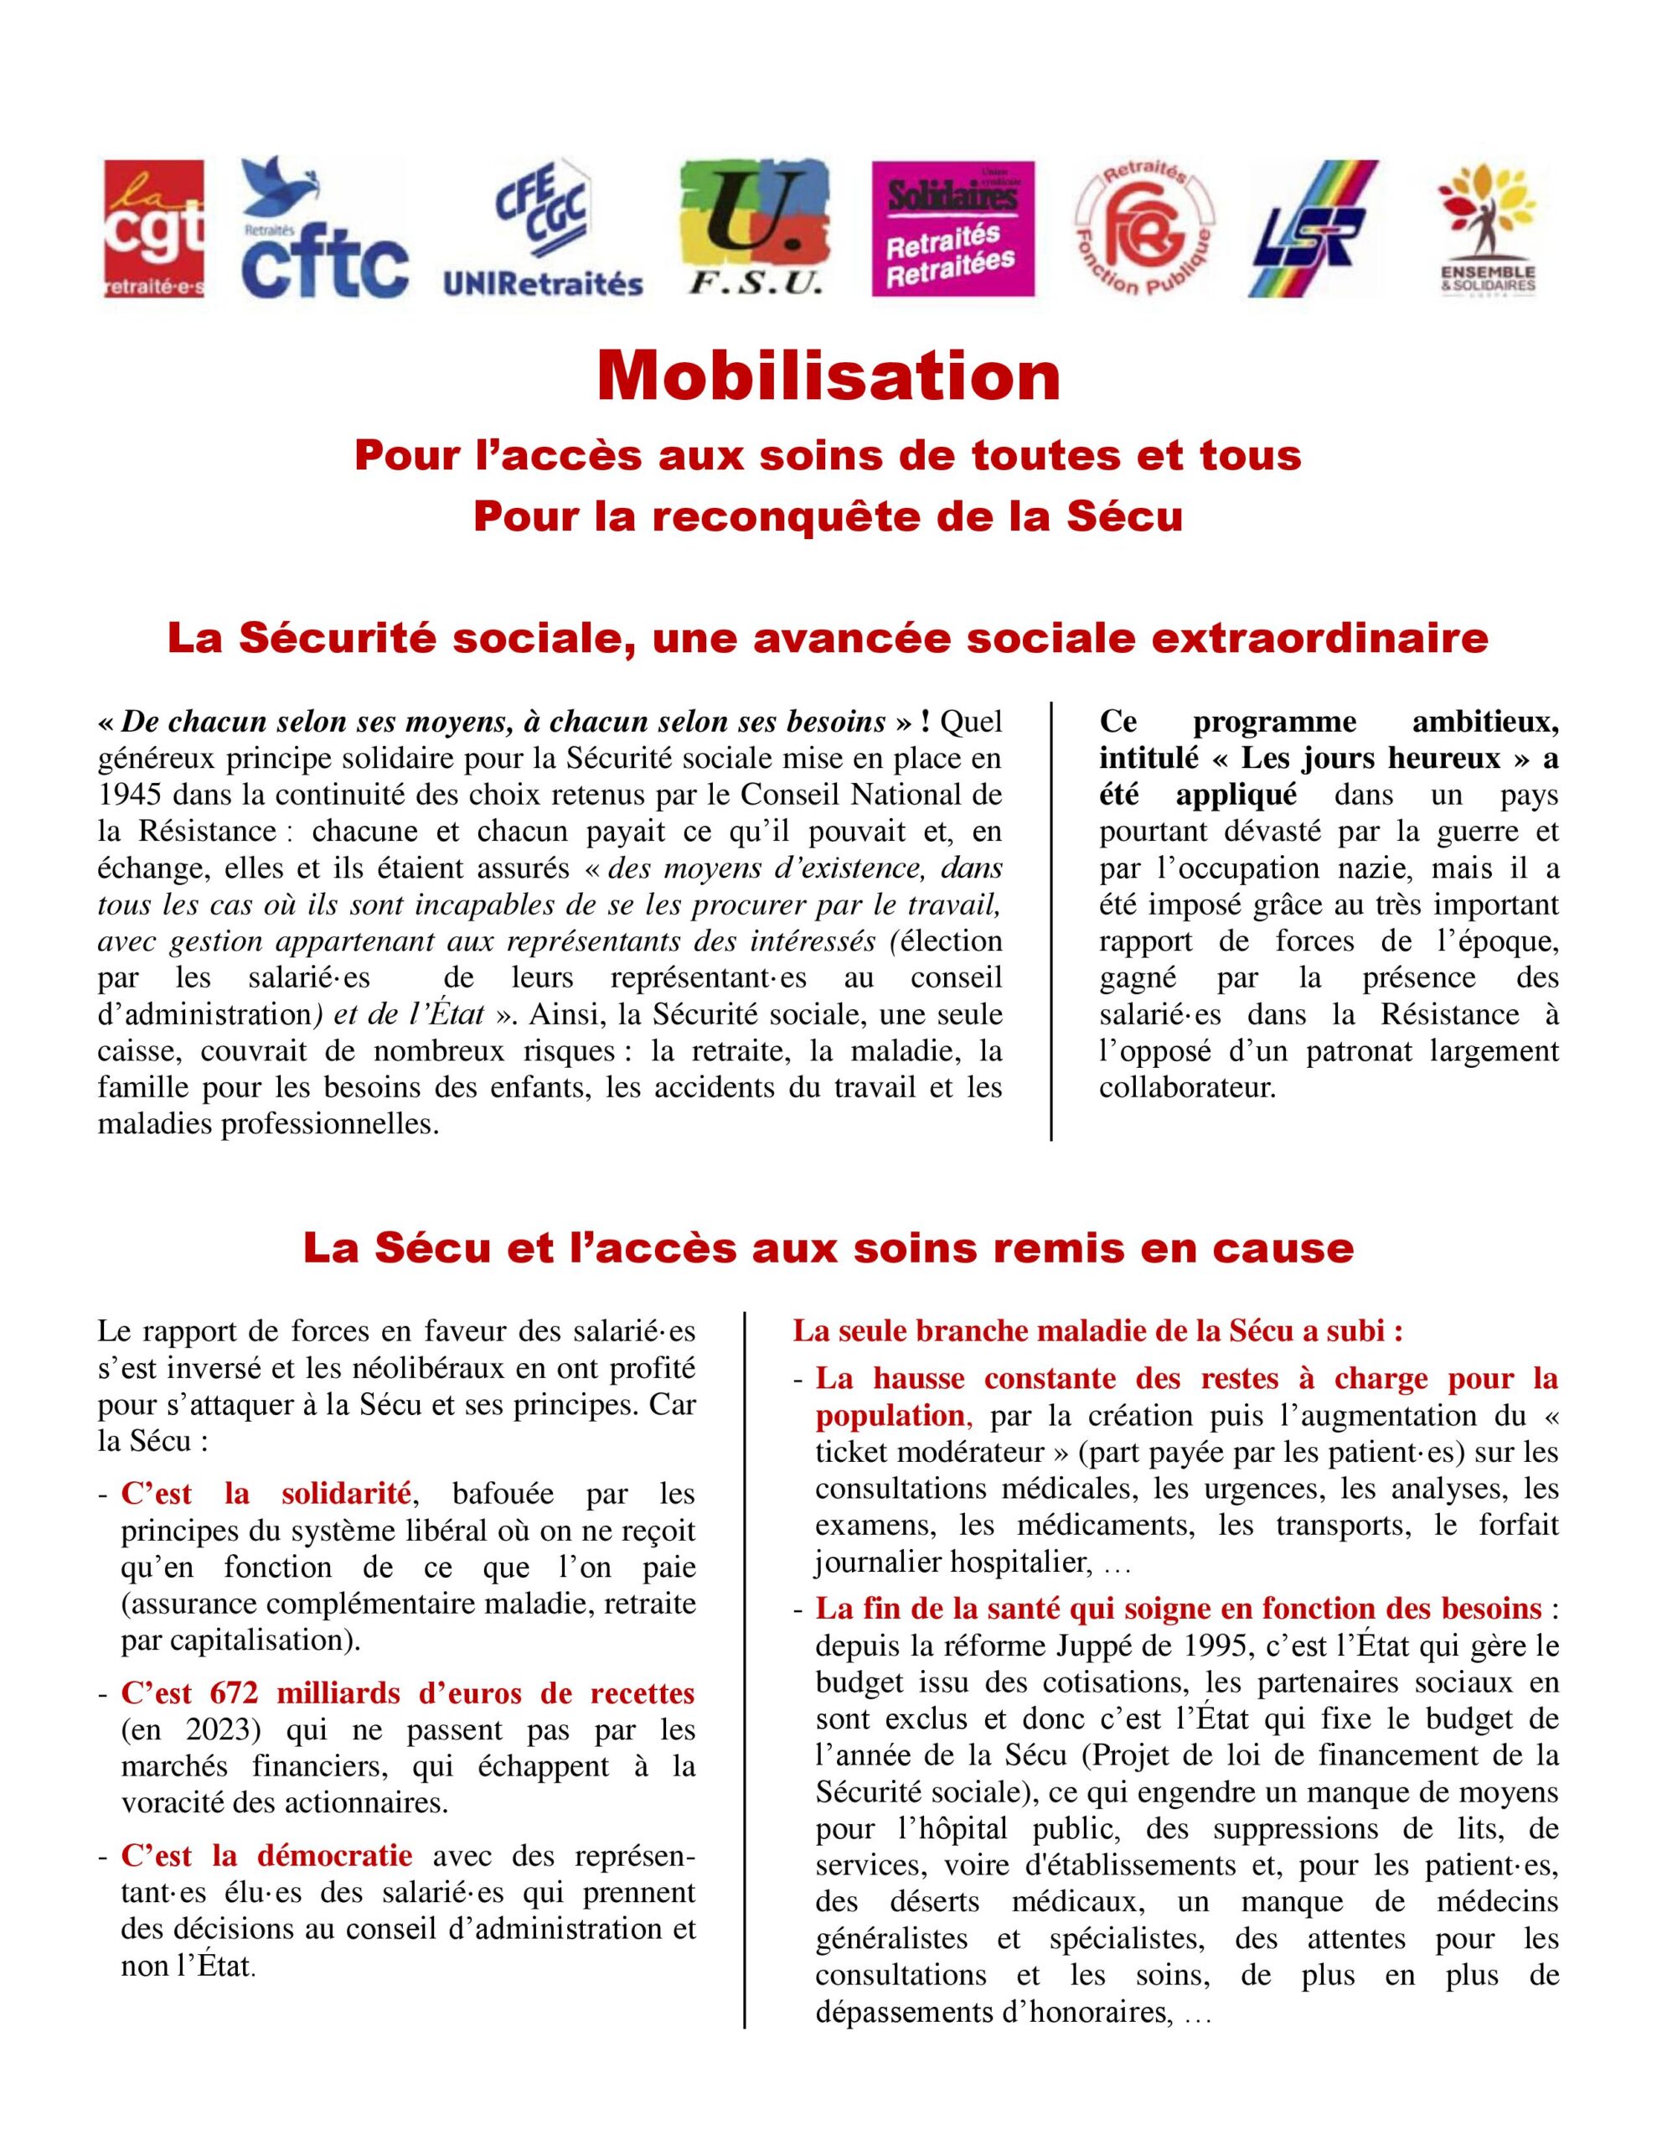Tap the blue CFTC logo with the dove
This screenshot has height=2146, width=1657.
[x=324, y=228]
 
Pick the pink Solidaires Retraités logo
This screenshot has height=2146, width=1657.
[x=952, y=228]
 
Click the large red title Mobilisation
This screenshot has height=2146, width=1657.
[x=828, y=376]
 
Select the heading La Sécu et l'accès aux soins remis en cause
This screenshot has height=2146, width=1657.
[x=828, y=1248]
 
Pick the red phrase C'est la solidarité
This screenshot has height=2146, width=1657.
[x=266, y=1495]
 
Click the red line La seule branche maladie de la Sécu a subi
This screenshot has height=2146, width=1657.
[x=1097, y=1331]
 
